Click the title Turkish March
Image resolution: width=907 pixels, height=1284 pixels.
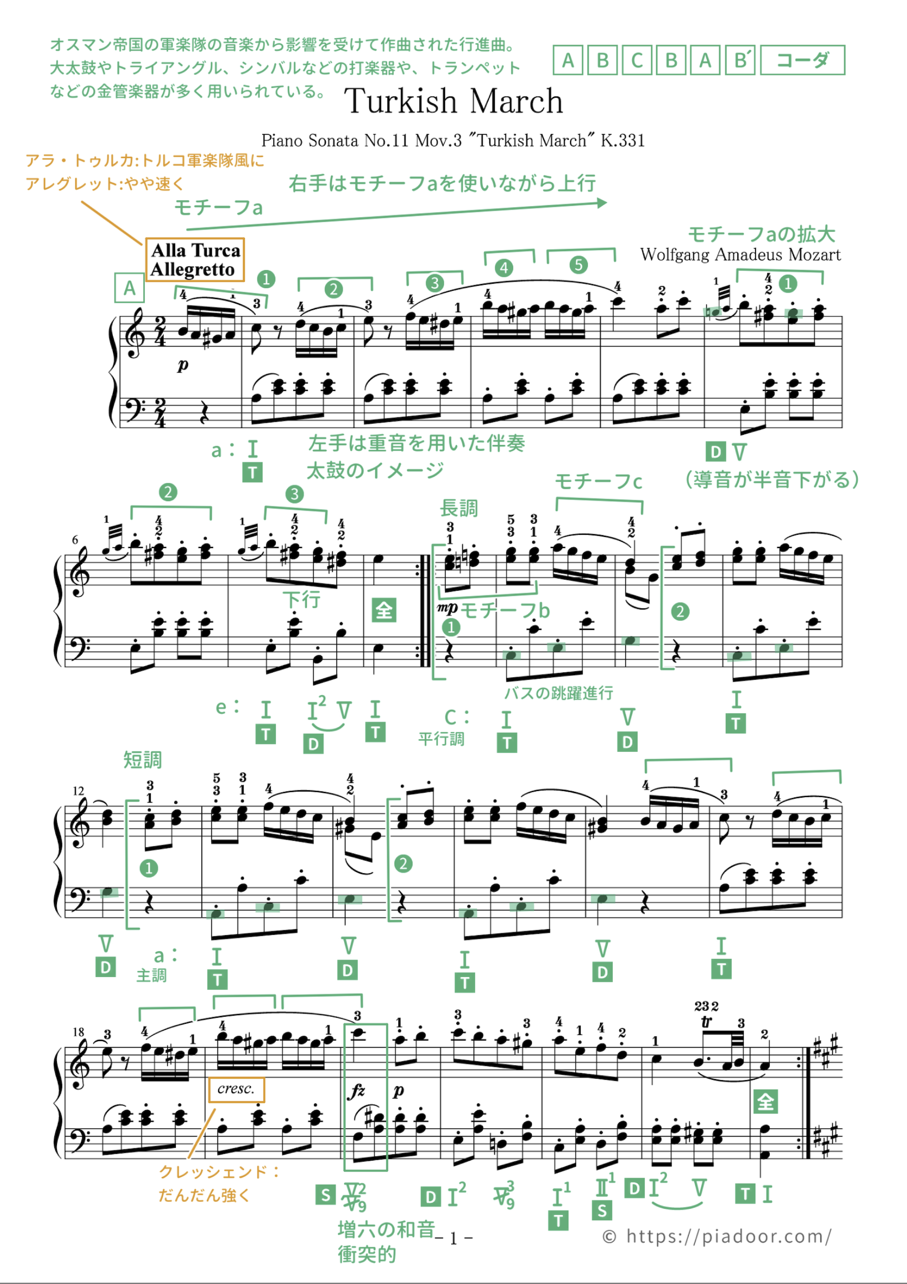[453, 101]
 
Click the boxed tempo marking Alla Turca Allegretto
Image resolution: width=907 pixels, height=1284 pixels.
[195, 259]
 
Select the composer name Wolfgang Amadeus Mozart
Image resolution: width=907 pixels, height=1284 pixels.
[740, 255]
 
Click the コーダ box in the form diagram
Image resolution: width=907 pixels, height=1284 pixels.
[802, 60]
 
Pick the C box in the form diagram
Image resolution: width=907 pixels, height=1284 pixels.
[636, 60]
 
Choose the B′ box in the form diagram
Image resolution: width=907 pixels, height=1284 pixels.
[740, 60]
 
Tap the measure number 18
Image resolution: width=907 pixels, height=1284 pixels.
[78, 1032]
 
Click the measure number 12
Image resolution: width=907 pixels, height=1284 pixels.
[78, 791]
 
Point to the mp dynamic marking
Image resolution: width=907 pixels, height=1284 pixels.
[447, 608]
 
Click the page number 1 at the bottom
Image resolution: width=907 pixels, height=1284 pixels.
[453, 1239]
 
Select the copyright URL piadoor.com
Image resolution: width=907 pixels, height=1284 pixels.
[717, 1236]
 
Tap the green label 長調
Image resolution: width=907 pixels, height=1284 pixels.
[458, 508]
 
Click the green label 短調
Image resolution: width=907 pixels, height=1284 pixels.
[142, 760]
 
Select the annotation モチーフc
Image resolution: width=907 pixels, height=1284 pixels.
[598, 481]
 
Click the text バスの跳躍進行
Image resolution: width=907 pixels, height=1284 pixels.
[558, 693]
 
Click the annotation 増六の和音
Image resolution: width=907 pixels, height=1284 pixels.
[386, 1230]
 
